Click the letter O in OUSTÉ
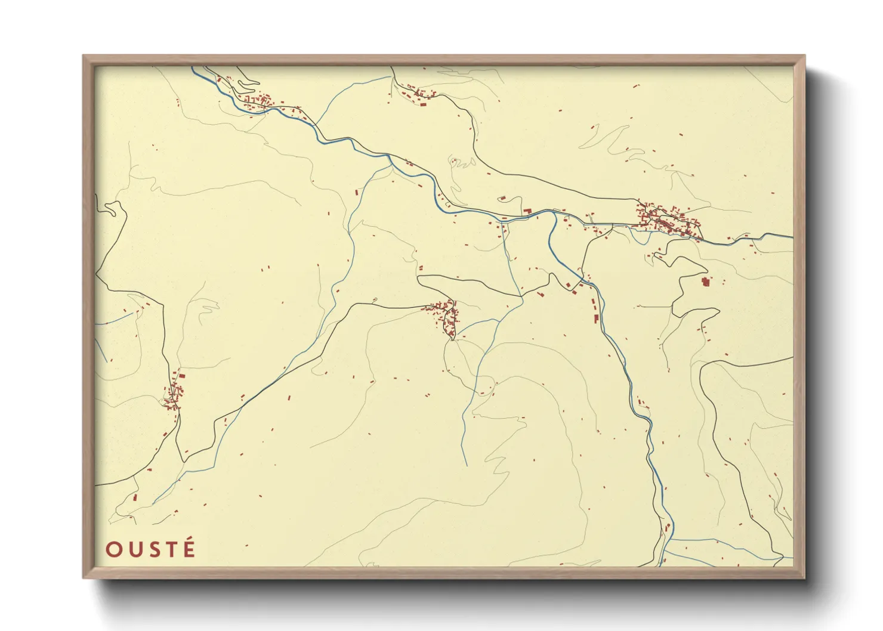point(113,549)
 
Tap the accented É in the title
point(189,548)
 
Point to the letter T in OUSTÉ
point(171,549)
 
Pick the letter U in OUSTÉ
point(132,549)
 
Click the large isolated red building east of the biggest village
point(705,282)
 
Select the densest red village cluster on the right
point(665,221)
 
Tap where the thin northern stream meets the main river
point(316,126)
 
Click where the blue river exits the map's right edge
point(792,237)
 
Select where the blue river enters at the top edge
point(192,67)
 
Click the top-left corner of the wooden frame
point(84,56)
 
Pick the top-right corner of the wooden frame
point(804,56)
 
